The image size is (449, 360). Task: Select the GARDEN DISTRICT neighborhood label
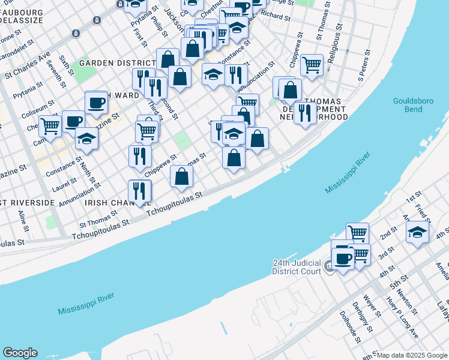(x=118, y=62)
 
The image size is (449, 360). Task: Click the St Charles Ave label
(x=28, y=67)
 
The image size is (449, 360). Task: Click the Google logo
(x=19, y=353)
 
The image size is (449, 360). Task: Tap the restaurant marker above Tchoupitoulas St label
(x=139, y=191)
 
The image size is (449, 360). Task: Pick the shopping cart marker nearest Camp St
(x=50, y=126)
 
